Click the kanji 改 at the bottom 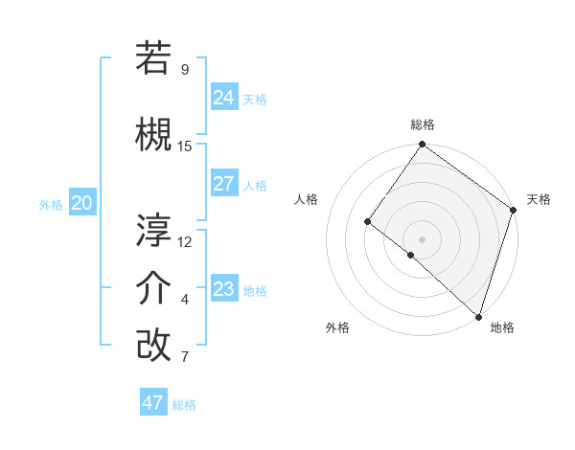[x=153, y=345]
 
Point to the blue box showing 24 [x=224, y=98]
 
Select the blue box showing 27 [x=224, y=184]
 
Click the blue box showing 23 [x=224, y=289]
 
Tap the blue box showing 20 [x=82, y=203]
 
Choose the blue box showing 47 [x=153, y=403]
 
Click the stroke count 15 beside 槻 [x=185, y=146]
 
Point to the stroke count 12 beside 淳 [x=185, y=241]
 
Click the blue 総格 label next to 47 [x=184, y=405]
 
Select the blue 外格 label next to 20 [x=51, y=204]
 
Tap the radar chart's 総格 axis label [x=423, y=124]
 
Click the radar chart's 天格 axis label [x=539, y=199]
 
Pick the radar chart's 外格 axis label [x=337, y=327]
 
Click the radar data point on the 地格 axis [x=478, y=316]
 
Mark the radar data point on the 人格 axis [x=367, y=222]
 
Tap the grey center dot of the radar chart [x=422, y=238]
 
